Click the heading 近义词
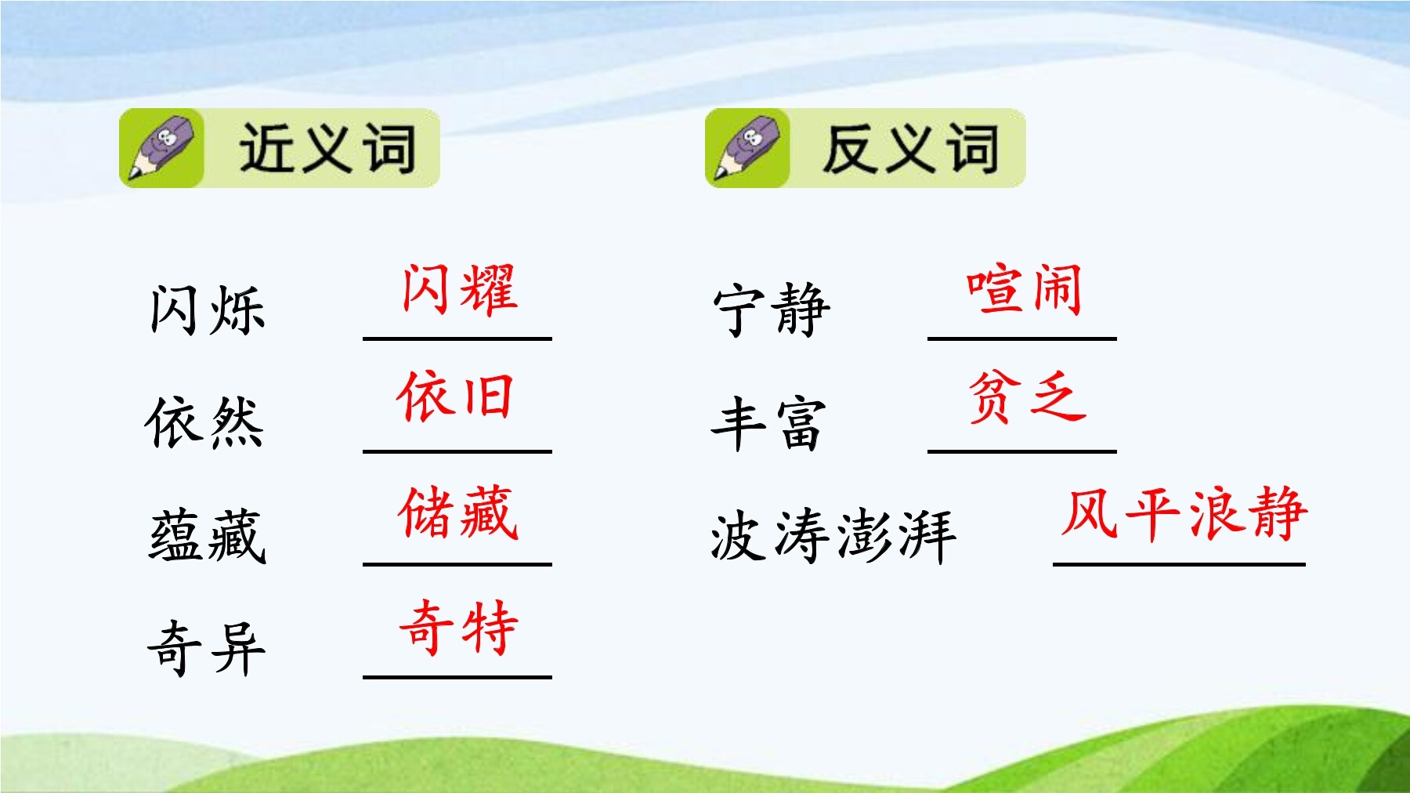pyautogui.click(x=327, y=147)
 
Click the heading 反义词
pyautogui.click(x=911, y=147)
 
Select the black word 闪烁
pyautogui.click(x=208, y=310)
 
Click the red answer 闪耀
pyautogui.click(x=460, y=290)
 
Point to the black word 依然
pyautogui.click(x=205, y=422)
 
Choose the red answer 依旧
pyautogui.click(x=455, y=396)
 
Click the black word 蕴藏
pyautogui.click(x=208, y=536)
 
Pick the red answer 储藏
pyautogui.click(x=458, y=512)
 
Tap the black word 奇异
pyautogui.click(x=207, y=648)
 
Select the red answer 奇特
pyautogui.click(x=459, y=627)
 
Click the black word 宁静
pyautogui.click(x=772, y=310)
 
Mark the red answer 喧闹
pyautogui.click(x=1024, y=290)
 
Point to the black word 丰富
pyautogui.click(x=768, y=423)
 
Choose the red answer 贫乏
pyautogui.click(x=1027, y=396)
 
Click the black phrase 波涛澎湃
pyautogui.click(x=833, y=536)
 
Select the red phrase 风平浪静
pyautogui.click(x=1184, y=513)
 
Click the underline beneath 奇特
pyautogui.click(x=457, y=676)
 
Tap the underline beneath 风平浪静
pyautogui.click(x=1179, y=563)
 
